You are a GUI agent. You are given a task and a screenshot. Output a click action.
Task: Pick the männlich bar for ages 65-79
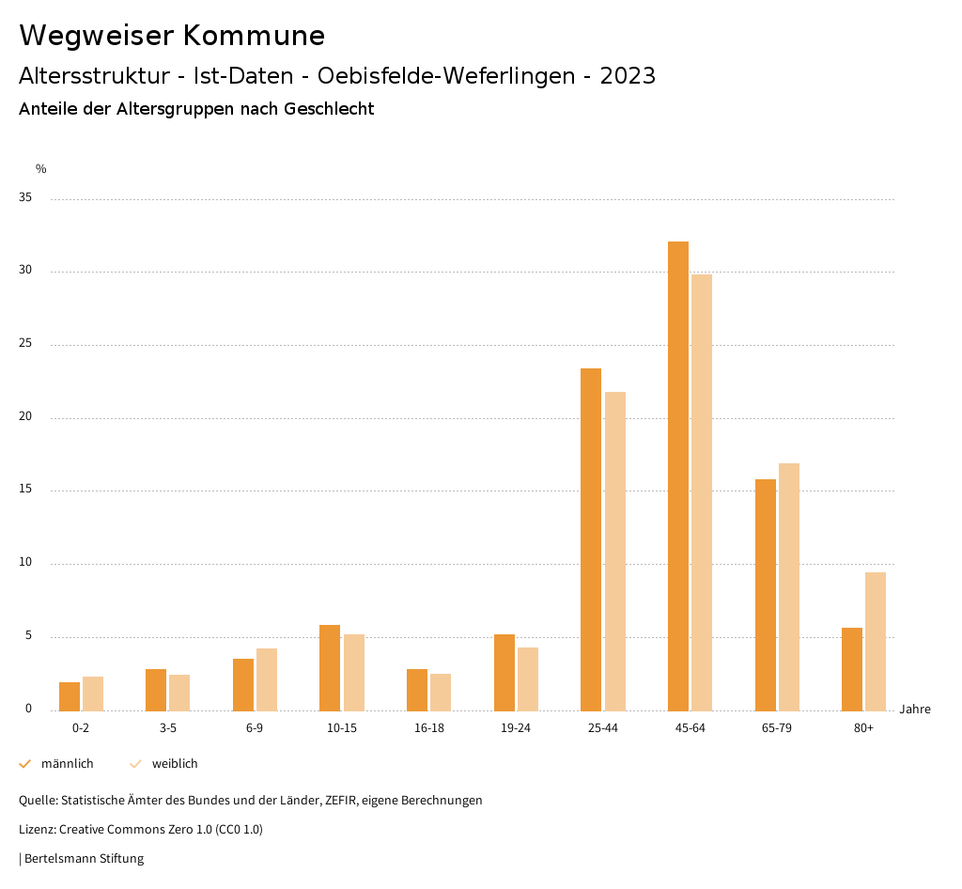766,595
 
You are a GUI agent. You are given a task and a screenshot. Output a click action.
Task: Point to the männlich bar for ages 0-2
70,696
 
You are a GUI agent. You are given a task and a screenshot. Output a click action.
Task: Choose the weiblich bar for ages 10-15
354,672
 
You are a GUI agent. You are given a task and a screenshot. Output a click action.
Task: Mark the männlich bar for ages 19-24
504,672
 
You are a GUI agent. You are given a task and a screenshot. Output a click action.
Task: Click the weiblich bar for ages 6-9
267,679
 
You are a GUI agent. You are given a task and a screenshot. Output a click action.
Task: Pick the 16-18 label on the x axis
428,728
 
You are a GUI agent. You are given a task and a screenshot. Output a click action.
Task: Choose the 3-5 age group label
168,728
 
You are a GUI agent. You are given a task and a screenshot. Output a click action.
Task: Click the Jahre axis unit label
915,710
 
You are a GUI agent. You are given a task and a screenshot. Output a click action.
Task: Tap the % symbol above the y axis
41,169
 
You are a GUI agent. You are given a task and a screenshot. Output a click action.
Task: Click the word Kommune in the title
254,36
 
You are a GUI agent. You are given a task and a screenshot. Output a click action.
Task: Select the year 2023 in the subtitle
628,76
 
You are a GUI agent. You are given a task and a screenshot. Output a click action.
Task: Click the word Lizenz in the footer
37,830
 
